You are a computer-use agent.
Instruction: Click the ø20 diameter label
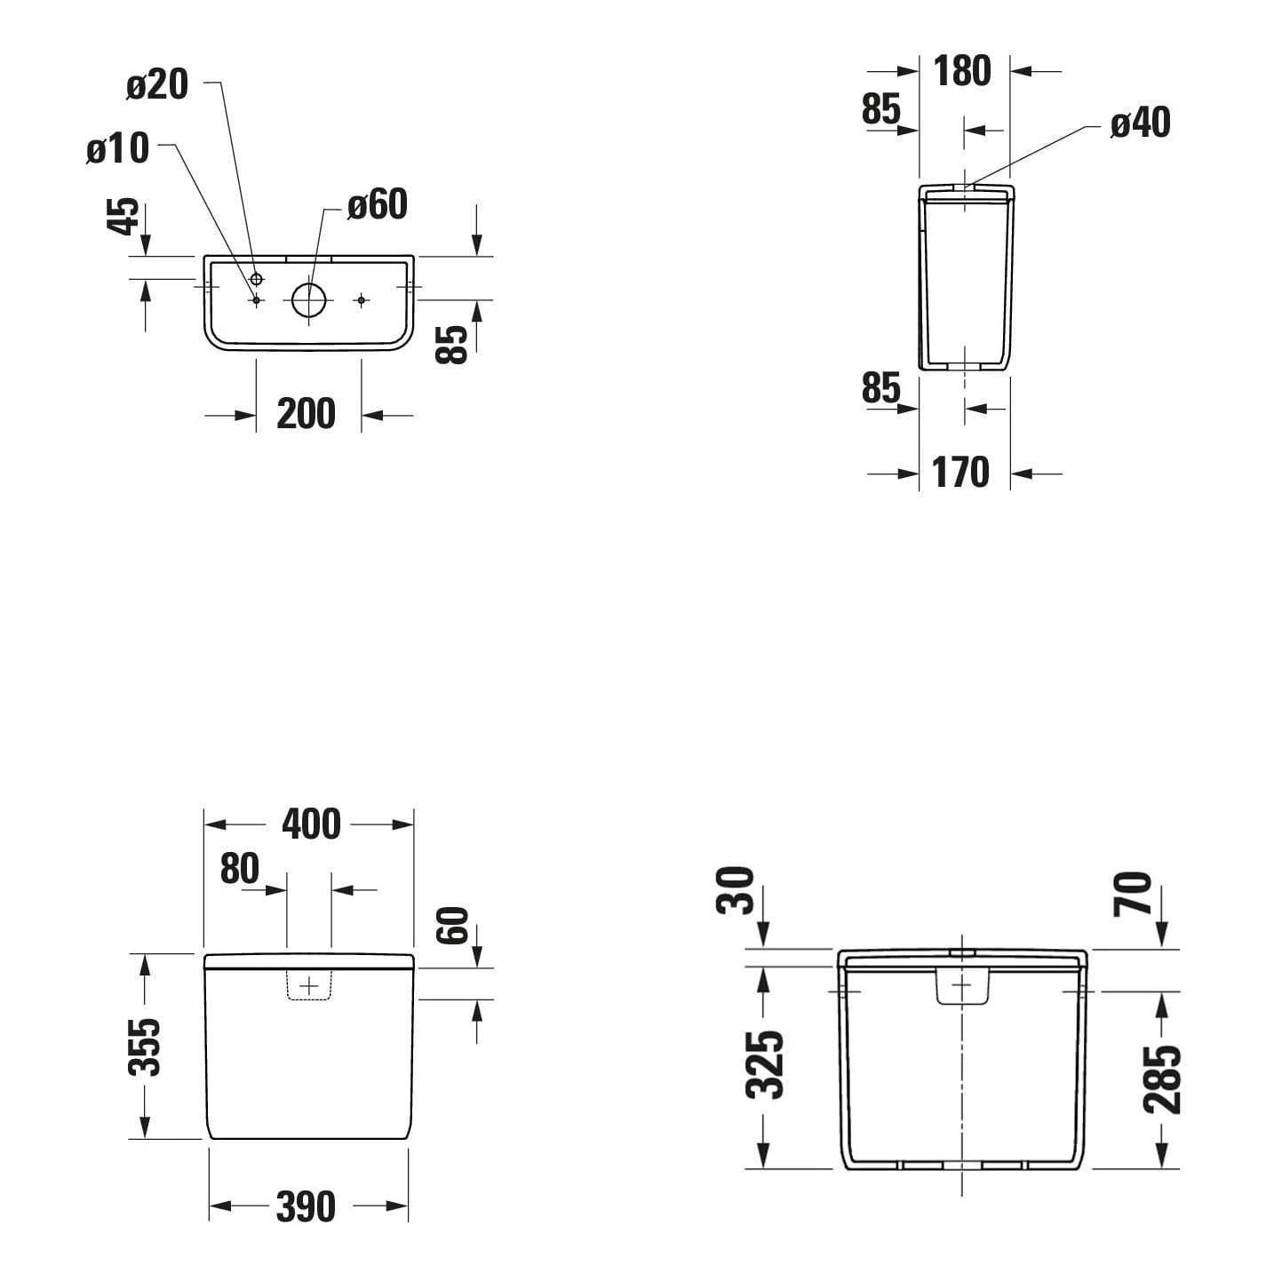click(x=157, y=85)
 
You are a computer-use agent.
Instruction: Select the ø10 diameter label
click(x=118, y=148)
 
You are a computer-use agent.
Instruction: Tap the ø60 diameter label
click(x=377, y=204)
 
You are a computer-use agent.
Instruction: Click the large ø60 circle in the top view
click(x=309, y=300)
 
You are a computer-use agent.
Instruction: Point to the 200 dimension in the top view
click(x=306, y=414)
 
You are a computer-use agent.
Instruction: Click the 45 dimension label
click(x=123, y=216)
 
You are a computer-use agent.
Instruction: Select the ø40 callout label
click(x=1140, y=123)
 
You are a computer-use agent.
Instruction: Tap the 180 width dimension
click(x=961, y=71)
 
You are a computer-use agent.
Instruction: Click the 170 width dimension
click(x=960, y=473)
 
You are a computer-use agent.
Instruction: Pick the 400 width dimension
click(x=311, y=824)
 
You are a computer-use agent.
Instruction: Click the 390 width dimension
click(x=306, y=1206)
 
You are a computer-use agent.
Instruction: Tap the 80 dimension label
click(x=239, y=869)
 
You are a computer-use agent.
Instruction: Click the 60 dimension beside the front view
click(x=452, y=926)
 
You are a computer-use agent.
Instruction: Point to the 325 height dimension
click(x=764, y=1064)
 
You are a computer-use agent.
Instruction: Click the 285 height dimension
click(x=1161, y=1079)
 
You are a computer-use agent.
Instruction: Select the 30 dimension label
click(x=736, y=890)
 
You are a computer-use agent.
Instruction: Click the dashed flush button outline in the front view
click(x=309, y=985)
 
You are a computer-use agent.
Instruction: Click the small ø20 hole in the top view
click(x=257, y=280)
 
